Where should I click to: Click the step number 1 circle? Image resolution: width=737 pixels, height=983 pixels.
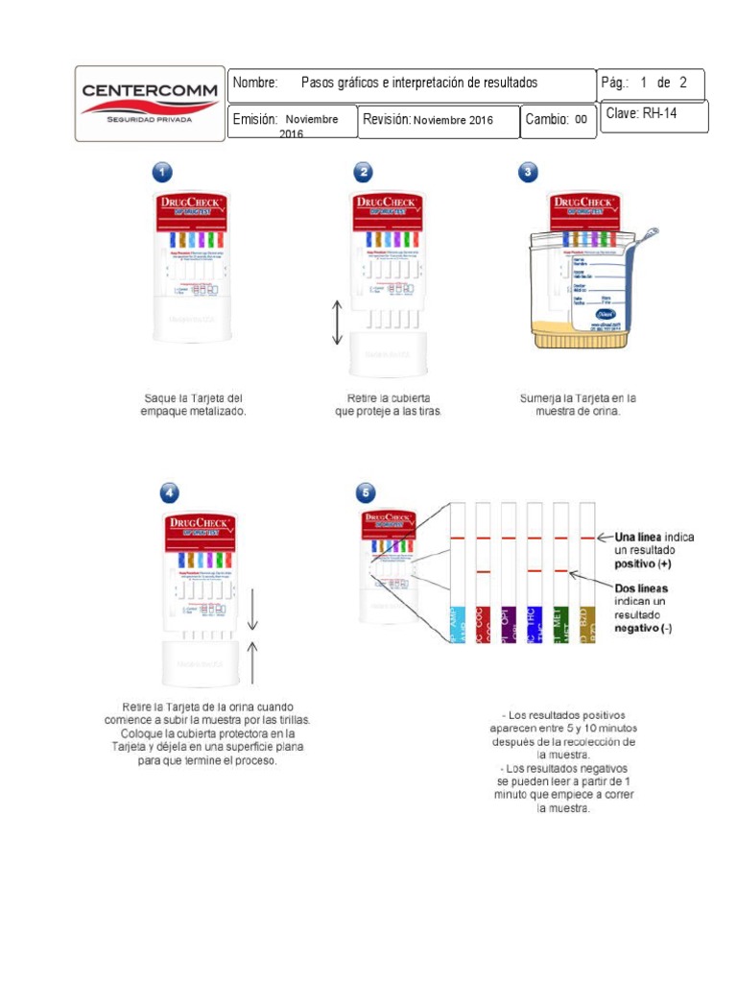[163, 172]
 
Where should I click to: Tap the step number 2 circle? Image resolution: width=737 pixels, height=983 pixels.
[363, 172]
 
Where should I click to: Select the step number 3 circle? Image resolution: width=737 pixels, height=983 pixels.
[528, 172]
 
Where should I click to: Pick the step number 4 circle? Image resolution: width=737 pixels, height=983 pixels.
[169, 493]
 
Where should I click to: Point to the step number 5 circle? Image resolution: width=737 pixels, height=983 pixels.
[366, 493]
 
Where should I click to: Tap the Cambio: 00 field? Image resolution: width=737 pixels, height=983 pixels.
[558, 120]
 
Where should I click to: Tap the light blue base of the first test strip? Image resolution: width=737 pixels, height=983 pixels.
[458, 624]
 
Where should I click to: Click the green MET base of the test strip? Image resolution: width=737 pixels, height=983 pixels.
[561, 624]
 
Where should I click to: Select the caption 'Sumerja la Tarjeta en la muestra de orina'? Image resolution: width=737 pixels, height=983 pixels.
[578, 404]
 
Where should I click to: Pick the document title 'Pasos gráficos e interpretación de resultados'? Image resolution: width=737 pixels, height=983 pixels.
[418, 84]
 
